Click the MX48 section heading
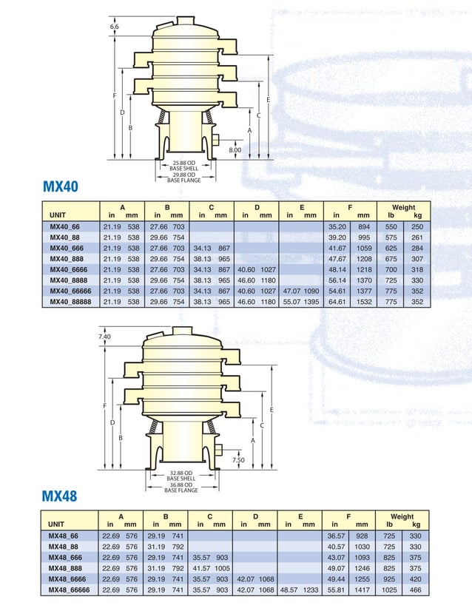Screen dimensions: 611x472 click(x=60, y=496)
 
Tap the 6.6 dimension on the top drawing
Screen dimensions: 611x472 click(x=114, y=27)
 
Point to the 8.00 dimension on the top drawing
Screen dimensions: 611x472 click(x=235, y=150)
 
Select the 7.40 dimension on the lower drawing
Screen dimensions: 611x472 click(x=104, y=337)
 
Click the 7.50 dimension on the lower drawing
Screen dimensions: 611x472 click(x=238, y=459)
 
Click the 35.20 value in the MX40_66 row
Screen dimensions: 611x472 click(x=337, y=226)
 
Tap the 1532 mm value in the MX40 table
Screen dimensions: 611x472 click(x=364, y=302)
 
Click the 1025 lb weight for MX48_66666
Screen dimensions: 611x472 click(x=390, y=590)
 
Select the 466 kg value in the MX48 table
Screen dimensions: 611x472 click(x=416, y=590)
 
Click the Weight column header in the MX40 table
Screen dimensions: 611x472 click(x=403, y=208)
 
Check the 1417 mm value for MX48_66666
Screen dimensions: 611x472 click(x=362, y=590)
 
